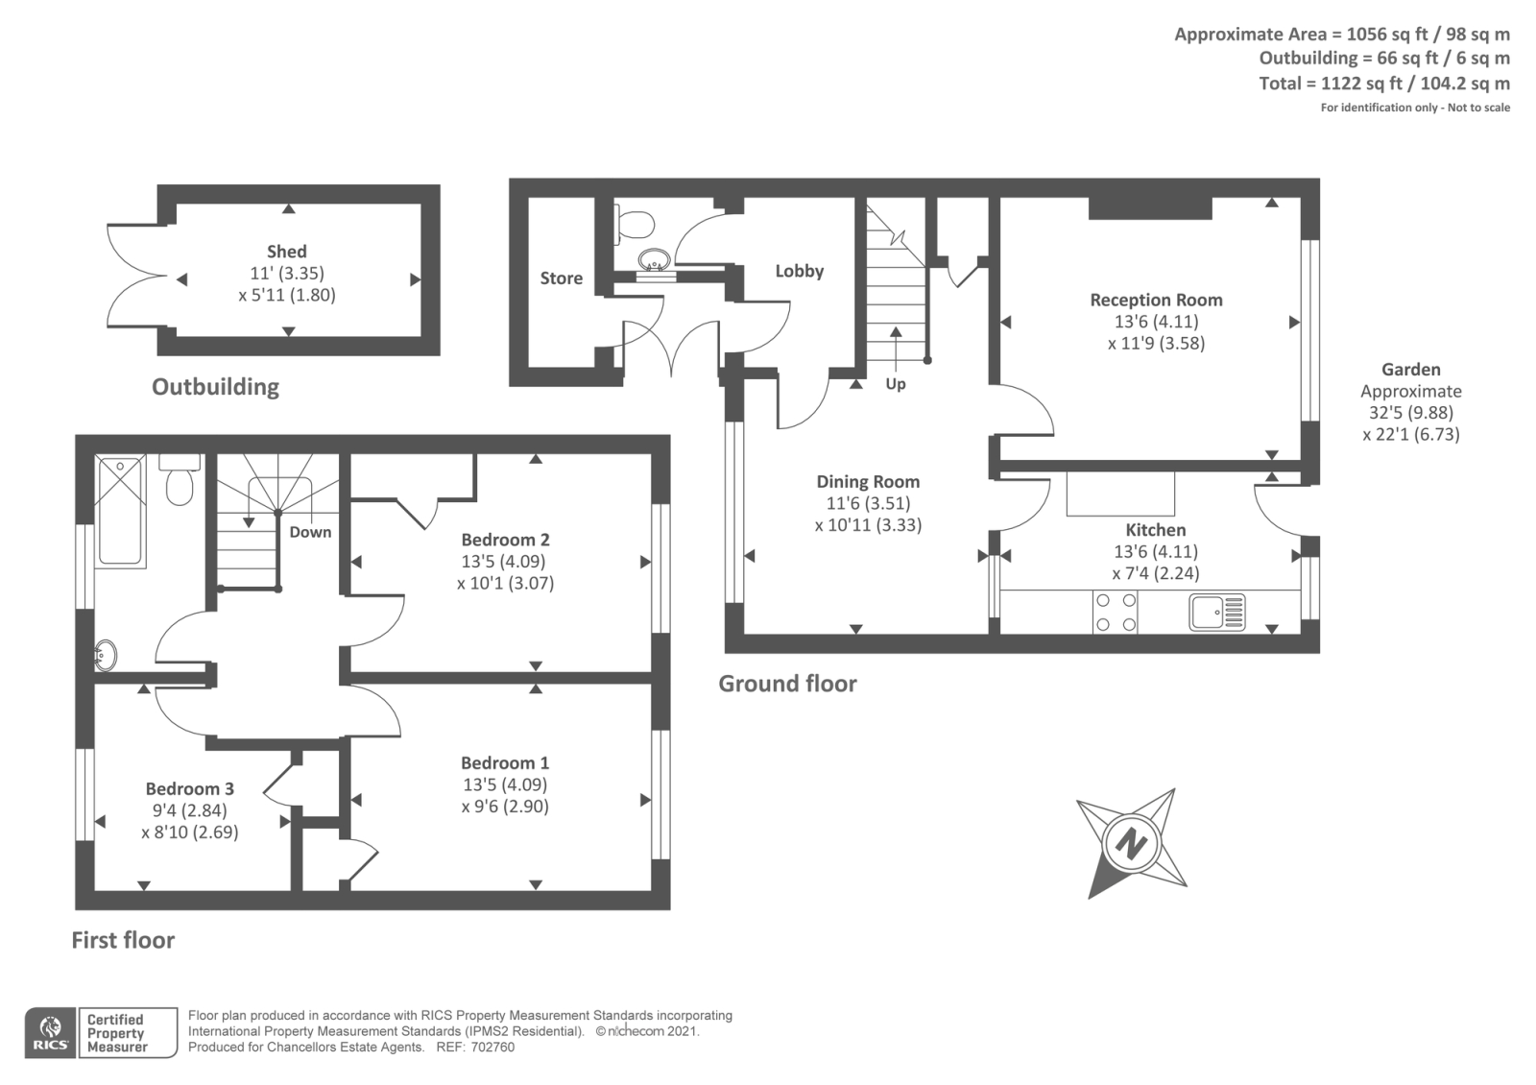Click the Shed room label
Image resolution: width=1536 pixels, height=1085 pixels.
[286, 252]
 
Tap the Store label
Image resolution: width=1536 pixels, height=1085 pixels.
[561, 278]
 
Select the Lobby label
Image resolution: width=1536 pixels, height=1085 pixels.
[799, 271]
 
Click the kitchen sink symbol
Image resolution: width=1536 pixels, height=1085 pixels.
[1216, 612]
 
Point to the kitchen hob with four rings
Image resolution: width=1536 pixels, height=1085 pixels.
[1116, 612]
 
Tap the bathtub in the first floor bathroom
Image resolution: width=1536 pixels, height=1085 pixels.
[120, 511]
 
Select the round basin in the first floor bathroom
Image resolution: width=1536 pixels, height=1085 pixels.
[105, 657]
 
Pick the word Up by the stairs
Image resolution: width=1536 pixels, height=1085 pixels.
[895, 384]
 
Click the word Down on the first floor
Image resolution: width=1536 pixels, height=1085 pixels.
[310, 532]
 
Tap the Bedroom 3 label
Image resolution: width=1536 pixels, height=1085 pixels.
[189, 788]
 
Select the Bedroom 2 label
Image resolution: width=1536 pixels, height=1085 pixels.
[505, 540]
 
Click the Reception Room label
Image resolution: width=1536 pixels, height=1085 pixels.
[1156, 300]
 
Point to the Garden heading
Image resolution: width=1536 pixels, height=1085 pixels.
[1410, 370]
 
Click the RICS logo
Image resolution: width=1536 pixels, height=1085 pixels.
[51, 1033]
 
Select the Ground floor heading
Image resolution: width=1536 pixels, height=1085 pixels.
[787, 684]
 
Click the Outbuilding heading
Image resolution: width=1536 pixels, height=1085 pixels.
[215, 387]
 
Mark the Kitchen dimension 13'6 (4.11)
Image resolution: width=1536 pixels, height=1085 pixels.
[1155, 552]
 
